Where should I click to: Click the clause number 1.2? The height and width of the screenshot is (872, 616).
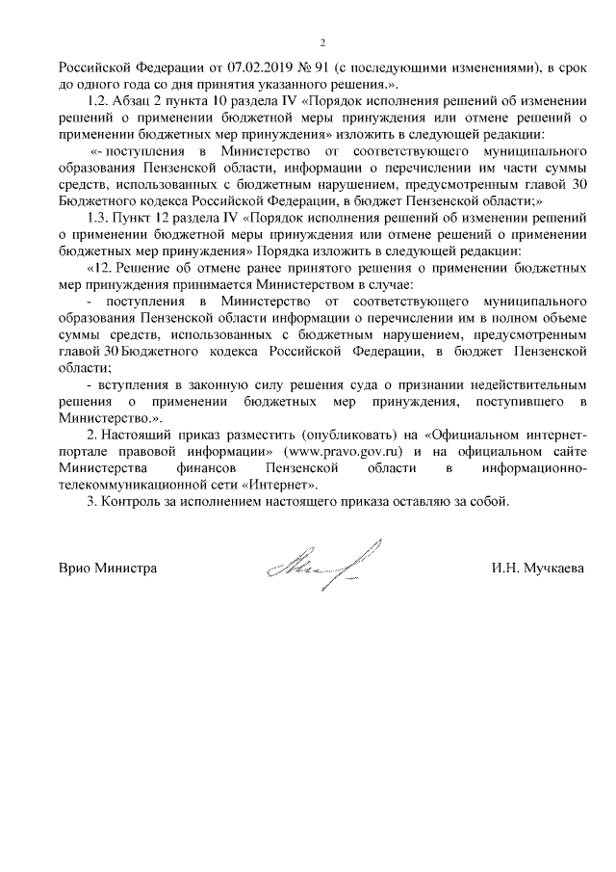pos(99,101)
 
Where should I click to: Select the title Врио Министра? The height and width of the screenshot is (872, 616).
pos(108,568)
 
